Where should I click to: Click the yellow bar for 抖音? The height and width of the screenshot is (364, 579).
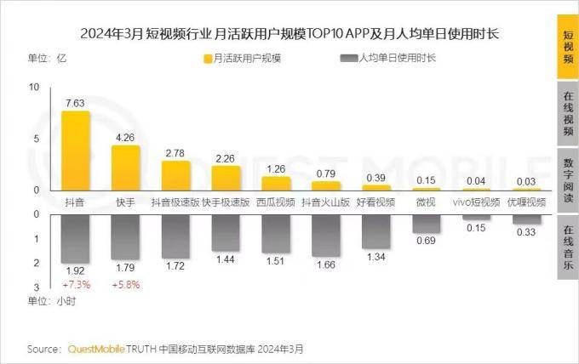[75, 151]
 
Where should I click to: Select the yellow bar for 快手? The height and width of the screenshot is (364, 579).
[125, 168]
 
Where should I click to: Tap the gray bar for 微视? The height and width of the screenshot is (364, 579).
[426, 223]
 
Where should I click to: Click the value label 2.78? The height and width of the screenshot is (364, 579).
[175, 153]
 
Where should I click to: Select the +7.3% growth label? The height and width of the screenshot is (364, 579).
[75, 284]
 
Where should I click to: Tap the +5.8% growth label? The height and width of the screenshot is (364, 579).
[125, 284]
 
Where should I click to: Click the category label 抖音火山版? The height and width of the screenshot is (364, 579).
[325, 202]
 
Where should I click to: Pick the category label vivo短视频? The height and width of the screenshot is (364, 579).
[476, 202]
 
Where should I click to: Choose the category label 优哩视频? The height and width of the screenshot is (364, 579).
[526, 202]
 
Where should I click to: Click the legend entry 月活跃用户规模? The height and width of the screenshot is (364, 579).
[247, 59]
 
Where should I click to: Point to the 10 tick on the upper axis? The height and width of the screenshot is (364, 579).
[35, 88]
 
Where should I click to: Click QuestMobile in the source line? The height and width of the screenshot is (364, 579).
[95, 349]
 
